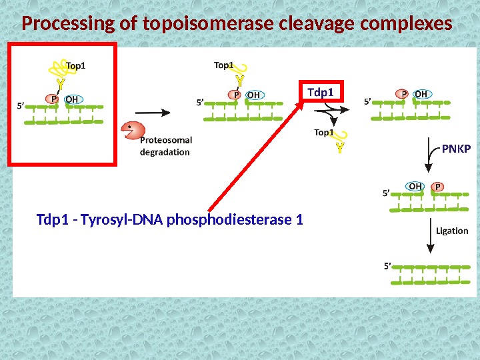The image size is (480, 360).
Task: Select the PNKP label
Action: [x=456, y=149]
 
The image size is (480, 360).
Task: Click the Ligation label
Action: [x=452, y=231]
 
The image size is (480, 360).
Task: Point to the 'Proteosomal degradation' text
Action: [x=166, y=146]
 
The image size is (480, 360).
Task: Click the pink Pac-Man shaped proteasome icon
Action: [x=131, y=132]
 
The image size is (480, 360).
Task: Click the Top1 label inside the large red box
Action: [x=76, y=65]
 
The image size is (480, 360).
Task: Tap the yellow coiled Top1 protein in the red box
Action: [x=57, y=69]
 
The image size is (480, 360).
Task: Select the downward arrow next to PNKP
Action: [x=431, y=160]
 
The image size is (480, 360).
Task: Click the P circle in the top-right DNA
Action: [x=403, y=95]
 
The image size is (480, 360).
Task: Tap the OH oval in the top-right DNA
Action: [x=421, y=95]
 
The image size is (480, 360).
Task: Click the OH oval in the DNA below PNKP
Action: [x=415, y=187]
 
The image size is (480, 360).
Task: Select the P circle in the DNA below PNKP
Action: [x=437, y=187]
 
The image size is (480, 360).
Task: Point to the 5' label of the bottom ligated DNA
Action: [x=387, y=265]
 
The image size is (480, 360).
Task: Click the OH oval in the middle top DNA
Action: [x=253, y=95]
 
